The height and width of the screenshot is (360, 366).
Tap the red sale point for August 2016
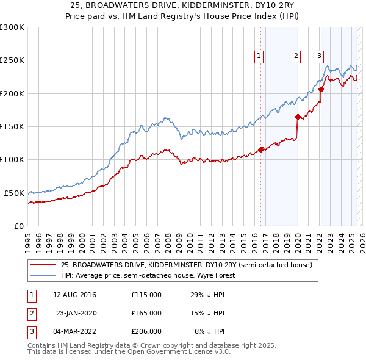click(x=260, y=149)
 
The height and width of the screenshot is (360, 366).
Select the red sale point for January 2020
click(x=298, y=117)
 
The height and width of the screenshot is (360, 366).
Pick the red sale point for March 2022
click(x=321, y=90)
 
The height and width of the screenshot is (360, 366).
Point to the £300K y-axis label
click(x=12, y=27)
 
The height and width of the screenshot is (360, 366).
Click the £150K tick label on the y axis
click(x=12, y=126)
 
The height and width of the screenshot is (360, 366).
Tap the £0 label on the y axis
click(x=18, y=226)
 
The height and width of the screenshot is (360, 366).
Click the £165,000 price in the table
click(x=146, y=313)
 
